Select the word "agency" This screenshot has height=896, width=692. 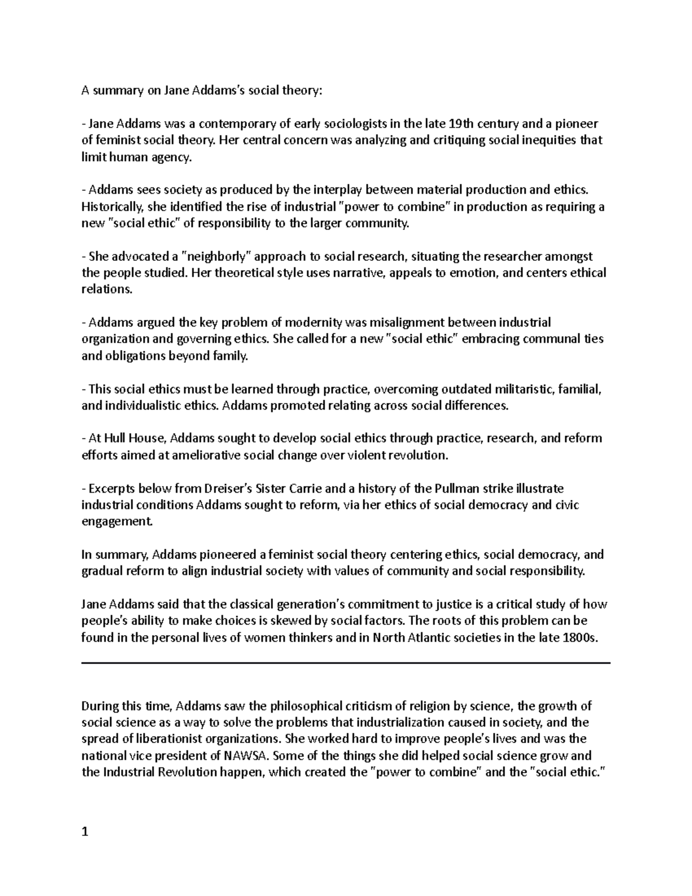(x=170, y=157)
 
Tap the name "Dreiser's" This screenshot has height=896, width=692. (x=230, y=489)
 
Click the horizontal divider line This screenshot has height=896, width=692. (x=346, y=663)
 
